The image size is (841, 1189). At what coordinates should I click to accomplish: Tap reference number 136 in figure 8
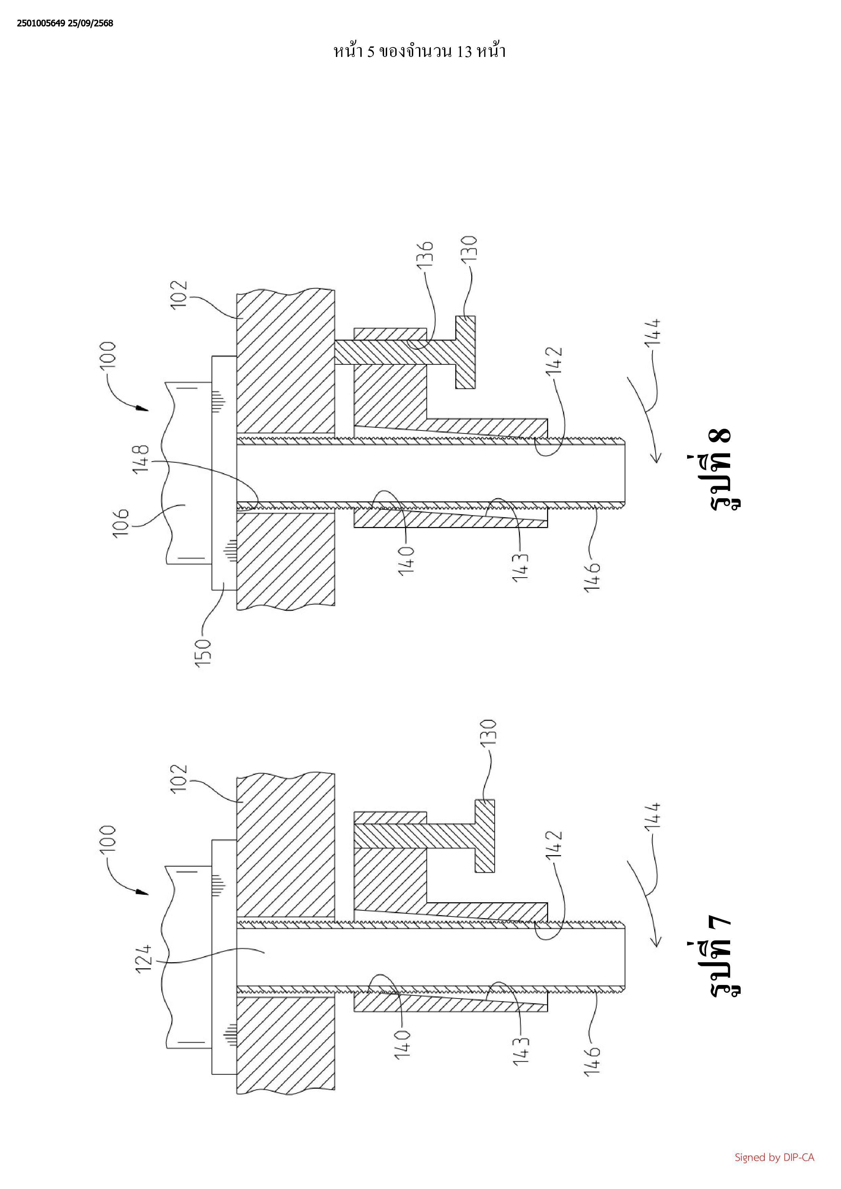click(x=425, y=254)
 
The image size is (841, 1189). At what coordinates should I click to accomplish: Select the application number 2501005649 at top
click(x=41, y=23)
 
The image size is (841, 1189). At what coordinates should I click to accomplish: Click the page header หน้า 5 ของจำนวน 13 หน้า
click(x=419, y=52)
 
